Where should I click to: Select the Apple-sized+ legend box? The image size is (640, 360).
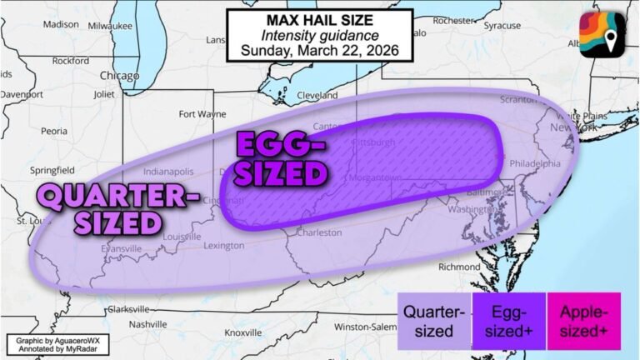point(582,321)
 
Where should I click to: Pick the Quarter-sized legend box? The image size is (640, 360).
point(434,321)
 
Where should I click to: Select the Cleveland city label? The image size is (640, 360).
point(317,95)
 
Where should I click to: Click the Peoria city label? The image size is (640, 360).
point(55,131)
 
